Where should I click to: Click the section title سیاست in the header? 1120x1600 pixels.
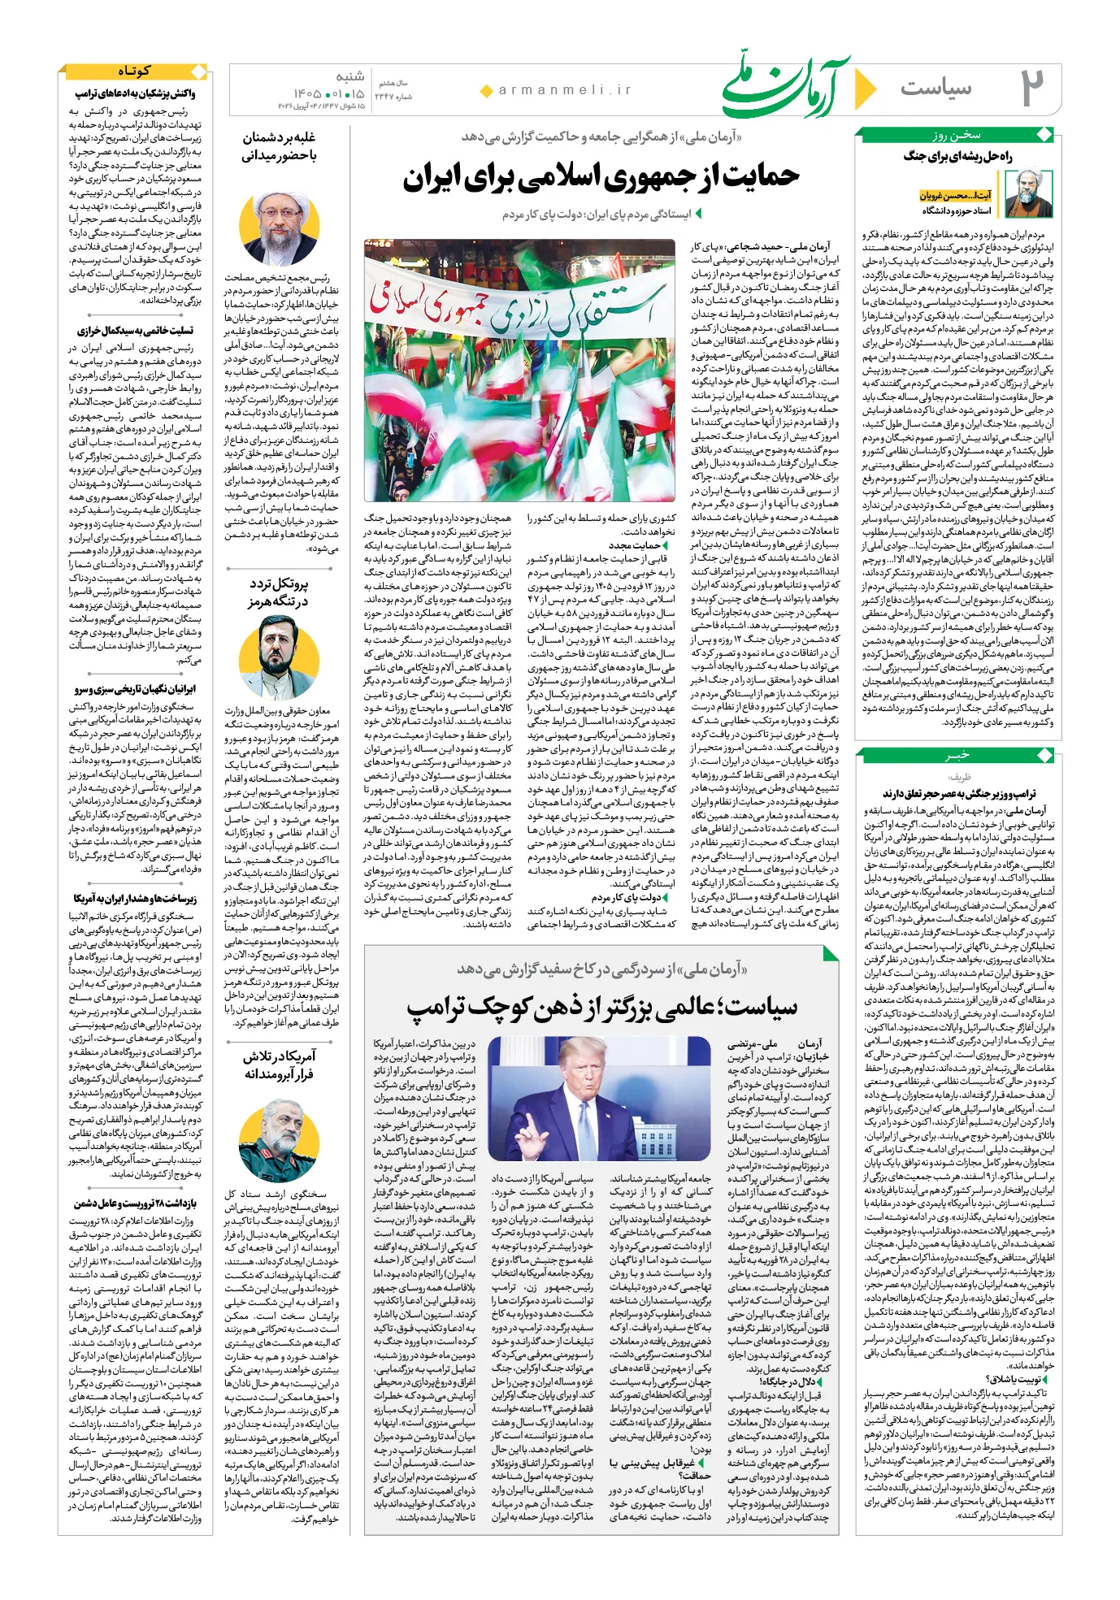click(x=936, y=88)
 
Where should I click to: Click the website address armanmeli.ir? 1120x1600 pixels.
click(x=565, y=90)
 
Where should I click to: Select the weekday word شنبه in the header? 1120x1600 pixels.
click(x=349, y=76)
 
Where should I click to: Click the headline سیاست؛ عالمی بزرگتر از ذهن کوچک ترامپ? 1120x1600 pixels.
click(x=602, y=1008)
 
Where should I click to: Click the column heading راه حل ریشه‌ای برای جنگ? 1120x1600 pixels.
click(x=958, y=157)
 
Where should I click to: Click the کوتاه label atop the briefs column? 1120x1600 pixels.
click(x=134, y=72)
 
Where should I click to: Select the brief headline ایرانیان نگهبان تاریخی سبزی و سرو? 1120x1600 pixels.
click(x=135, y=689)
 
